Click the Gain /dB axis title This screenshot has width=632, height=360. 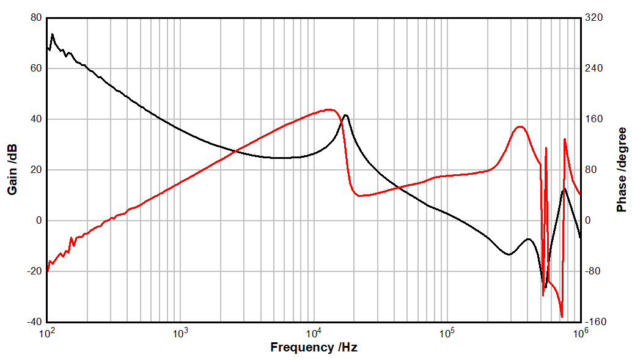point(12,170)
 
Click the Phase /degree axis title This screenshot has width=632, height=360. point(622,170)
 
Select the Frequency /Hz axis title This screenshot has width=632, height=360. point(314,348)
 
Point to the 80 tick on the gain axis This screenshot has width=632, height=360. point(35,18)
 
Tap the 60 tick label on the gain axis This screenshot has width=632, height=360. point(35,68)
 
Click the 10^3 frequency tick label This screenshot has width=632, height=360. point(180,332)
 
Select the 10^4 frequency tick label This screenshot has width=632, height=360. point(314,332)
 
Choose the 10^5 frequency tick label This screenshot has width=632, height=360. point(447,332)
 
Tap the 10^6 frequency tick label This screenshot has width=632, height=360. point(580,332)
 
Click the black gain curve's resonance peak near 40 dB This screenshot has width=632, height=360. point(346,115)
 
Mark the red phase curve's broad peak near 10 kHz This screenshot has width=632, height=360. point(329,109)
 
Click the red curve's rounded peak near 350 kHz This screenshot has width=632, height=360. point(520,127)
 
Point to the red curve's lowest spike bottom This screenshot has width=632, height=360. point(561,317)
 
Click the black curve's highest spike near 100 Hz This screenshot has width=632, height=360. point(53,34)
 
